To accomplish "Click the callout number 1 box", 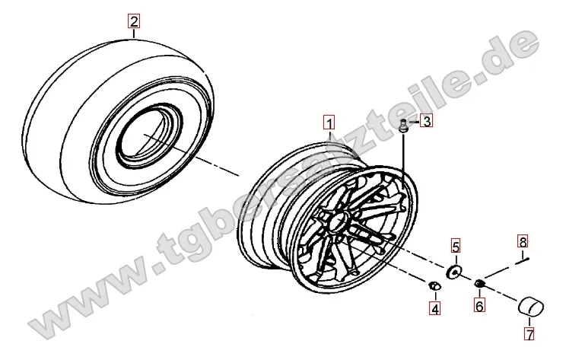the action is [329, 123].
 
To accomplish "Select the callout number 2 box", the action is [134, 21].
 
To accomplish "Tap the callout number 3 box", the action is [427, 121].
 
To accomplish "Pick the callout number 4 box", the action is [435, 309].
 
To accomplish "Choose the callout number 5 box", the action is [456, 247].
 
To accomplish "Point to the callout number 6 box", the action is [479, 306].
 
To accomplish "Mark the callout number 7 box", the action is [529, 334].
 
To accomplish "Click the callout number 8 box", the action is [523, 241].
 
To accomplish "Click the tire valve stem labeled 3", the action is [403, 126].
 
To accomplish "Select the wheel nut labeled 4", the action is [434, 286].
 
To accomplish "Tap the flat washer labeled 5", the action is [454, 272].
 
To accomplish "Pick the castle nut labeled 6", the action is [479, 283].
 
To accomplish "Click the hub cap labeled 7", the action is [531, 306].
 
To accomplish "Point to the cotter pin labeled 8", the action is [522, 260].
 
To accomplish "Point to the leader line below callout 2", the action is [134, 33].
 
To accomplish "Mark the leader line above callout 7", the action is [529, 322].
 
